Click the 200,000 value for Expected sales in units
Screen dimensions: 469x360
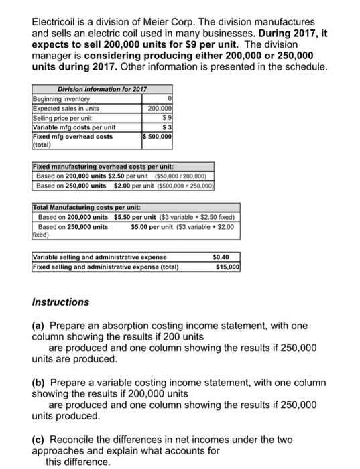(160, 109)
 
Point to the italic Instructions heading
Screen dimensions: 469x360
(60, 302)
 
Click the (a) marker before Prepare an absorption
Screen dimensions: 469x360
(39, 326)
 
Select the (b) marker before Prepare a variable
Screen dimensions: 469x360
(39, 383)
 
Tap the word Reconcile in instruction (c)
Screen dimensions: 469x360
(76, 439)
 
